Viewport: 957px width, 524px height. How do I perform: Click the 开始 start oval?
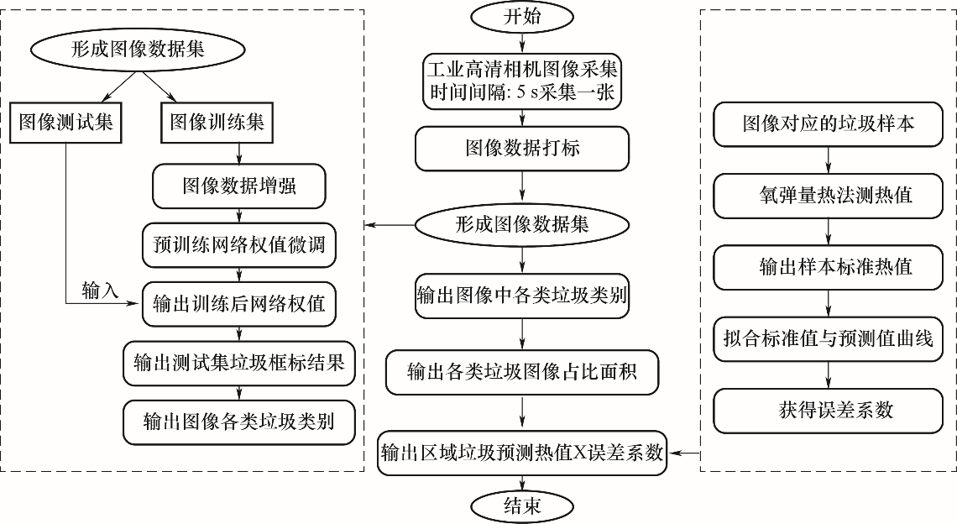pos(522,17)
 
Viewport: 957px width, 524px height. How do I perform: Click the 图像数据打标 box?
pos(522,149)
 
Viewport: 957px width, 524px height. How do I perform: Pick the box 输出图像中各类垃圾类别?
pos(522,296)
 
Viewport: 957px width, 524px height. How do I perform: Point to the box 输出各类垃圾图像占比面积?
pos(522,370)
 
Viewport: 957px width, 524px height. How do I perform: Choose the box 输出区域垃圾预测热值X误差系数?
pos(522,453)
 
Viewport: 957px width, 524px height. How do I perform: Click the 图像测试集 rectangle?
pos(65,123)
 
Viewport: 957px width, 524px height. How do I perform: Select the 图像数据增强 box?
pos(239,185)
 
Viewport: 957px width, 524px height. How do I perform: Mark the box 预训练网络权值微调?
pos(239,246)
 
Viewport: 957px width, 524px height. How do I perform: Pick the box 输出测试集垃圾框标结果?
pos(239,362)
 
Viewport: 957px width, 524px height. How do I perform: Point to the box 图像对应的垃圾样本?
pos(829,123)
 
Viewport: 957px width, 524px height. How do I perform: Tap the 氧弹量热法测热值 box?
pos(829,196)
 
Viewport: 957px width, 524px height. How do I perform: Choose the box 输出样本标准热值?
pos(829,267)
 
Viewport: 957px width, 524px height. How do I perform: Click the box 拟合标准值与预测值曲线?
pos(829,338)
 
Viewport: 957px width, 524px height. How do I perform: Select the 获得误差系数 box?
pos(829,410)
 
